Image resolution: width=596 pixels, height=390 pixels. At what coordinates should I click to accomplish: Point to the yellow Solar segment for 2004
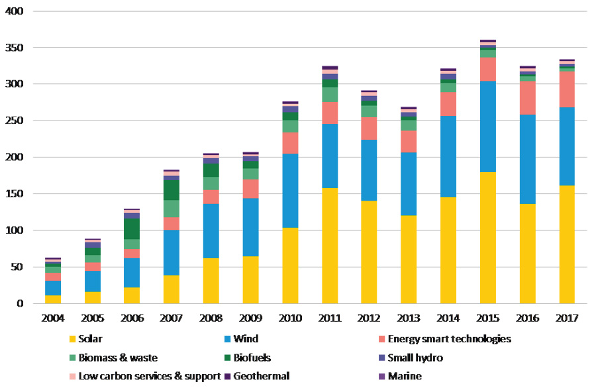point(53,299)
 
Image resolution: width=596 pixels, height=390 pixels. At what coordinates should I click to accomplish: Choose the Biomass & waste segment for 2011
point(330,95)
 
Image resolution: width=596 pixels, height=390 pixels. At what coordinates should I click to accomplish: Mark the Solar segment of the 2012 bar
point(369,252)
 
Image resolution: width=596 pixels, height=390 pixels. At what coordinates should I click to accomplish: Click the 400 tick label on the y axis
point(14,12)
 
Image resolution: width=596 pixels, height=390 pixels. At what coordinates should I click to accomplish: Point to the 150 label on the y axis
point(14,194)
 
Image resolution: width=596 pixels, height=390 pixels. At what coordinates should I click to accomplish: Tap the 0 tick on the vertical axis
point(20,304)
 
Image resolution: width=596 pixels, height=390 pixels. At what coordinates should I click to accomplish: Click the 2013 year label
point(409,318)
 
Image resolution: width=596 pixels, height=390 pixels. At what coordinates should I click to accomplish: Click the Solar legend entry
point(90,339)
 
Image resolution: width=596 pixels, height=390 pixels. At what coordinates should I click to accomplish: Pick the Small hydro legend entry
point(418,358)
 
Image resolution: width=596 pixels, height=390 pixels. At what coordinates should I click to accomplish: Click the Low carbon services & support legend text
point(149,376)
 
